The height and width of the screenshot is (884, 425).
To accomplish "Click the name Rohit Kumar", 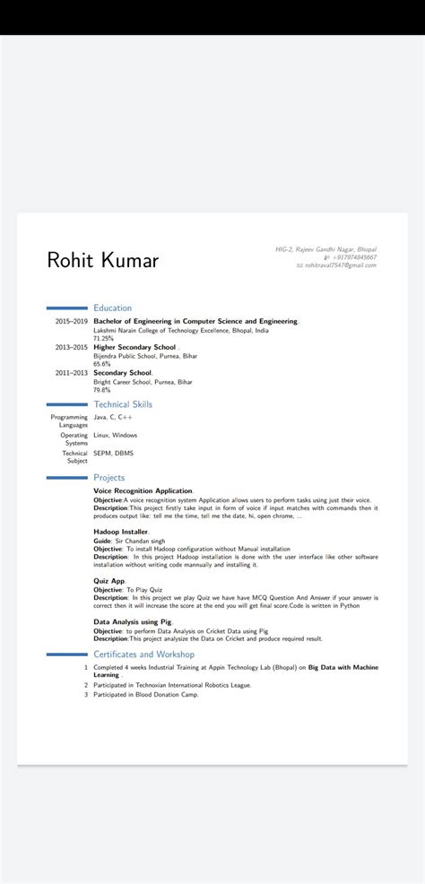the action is coord(102,261).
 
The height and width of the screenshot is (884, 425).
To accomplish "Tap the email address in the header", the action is coord(340,265).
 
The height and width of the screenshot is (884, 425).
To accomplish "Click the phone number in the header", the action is coord(355,257).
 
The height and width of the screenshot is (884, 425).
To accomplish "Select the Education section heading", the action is coord(112,308).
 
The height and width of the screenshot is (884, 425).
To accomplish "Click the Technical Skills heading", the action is coord(123,404).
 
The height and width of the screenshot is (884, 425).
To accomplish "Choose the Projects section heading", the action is coord(109,478).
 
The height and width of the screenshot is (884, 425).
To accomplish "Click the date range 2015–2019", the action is coord(71,321).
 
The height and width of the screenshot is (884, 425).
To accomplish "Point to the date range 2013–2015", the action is coord(71,347).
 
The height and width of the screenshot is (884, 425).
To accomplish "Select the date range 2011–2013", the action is coord(71,373).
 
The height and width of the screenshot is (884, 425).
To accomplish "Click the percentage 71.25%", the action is coord(104,338).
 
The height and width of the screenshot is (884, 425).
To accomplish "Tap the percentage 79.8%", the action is coord(102,390).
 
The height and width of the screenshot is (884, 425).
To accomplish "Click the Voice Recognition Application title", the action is coord(143,491).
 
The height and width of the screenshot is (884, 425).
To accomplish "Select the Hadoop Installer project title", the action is coord(121,532).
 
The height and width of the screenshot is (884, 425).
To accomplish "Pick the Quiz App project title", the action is coord(109,580).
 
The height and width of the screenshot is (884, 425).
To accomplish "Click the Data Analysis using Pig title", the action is coord(133,621).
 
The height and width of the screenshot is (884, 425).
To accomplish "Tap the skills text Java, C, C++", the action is coord(113,417).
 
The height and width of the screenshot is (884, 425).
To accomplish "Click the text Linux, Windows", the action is coord(116,435).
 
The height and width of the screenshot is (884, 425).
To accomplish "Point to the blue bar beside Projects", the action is coord(66,478).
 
